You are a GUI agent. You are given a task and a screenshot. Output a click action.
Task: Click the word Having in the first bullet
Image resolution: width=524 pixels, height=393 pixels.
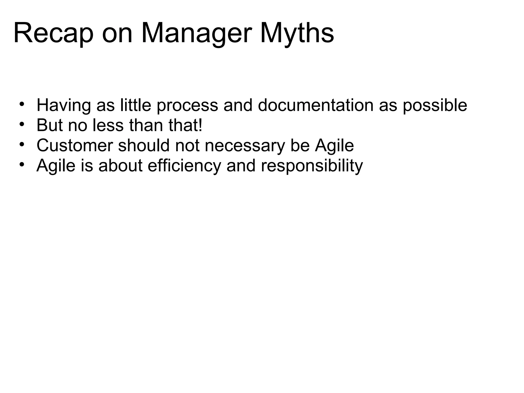(64, 105)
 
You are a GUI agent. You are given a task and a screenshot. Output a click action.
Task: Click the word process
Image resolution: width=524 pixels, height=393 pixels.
(187, 105)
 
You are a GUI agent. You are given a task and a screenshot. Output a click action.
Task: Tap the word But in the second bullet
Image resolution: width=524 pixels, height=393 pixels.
(50, 125)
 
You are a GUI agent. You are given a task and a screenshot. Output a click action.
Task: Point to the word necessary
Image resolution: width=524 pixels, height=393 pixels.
(245, 145)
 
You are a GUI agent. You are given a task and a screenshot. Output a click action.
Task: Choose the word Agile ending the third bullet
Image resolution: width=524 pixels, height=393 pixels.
(334, 145)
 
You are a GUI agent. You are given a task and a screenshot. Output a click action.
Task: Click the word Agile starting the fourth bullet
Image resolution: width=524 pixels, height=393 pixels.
(56, 166)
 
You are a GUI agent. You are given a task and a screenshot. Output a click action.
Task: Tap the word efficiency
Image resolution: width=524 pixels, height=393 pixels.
(184, 166)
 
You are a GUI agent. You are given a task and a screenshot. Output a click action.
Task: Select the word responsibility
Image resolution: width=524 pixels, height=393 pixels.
(312, 166)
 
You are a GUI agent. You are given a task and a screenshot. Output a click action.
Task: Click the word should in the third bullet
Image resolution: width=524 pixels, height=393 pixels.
(144, 145)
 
